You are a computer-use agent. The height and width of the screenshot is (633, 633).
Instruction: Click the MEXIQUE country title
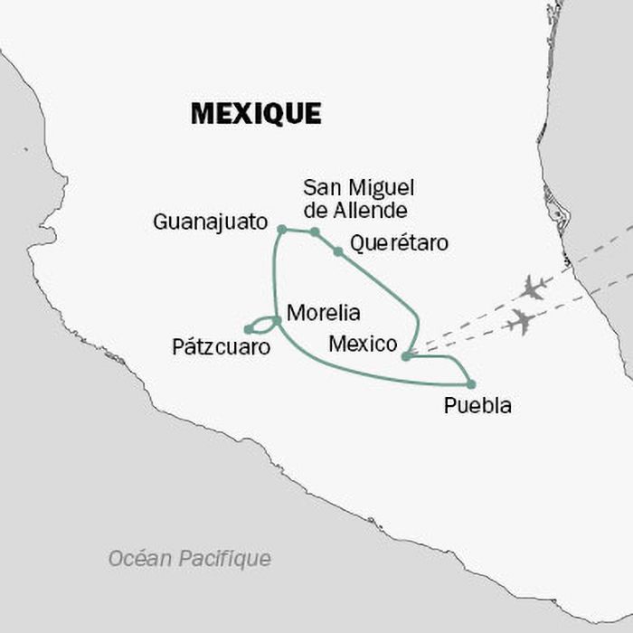click(256, 114)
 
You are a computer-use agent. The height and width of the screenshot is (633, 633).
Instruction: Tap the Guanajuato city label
click(211, 222)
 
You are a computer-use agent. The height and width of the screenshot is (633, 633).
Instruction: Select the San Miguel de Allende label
click(358, 199)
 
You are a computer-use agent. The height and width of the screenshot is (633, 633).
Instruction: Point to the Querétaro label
click(399, 243)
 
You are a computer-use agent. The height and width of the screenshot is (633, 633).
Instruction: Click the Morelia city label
click(323, 313)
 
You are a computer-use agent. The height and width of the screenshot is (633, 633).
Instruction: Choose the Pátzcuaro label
click(221, 345)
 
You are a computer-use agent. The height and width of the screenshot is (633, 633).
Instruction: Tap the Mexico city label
click(363, 344)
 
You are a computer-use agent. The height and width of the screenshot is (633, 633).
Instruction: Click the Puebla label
click(477, 406)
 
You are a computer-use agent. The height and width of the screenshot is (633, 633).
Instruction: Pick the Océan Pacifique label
click(189, 559)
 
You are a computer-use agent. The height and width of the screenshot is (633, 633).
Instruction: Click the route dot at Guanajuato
click(281, 230)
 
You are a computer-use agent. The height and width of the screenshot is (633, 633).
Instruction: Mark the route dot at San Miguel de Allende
click(315, 232)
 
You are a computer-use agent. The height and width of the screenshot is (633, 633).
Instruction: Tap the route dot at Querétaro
click(337, 251)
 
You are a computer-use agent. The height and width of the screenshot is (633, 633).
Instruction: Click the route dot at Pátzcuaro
click(248, 329)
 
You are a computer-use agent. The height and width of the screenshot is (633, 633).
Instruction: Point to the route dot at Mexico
click(406, 356)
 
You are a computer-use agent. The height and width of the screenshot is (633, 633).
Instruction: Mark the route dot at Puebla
click(470, 384)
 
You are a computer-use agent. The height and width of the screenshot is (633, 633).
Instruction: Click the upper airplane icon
click(534, 288)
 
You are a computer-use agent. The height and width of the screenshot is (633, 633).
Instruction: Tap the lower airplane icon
click(520, 321)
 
